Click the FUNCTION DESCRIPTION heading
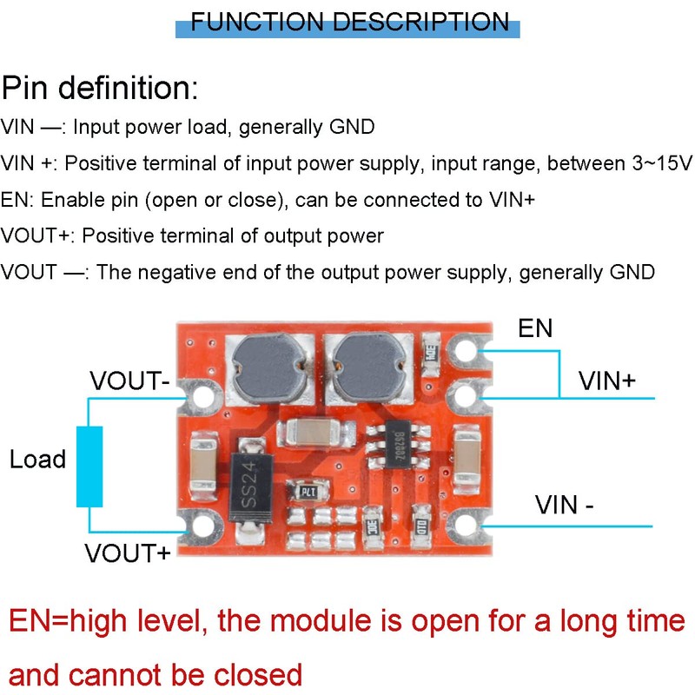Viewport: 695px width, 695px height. (x=349, y=22)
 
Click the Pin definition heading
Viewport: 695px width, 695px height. (x=100, y=88)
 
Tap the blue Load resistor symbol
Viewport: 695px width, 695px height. (x=89, y=466)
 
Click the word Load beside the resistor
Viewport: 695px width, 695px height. (x=37, y=460)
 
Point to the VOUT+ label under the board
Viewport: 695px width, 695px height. (x=127, y=553)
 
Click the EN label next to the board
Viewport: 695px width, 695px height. (x=535, y=328)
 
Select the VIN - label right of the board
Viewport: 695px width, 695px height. (x=565, y=504)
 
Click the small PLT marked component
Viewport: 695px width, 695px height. (x=306, y=492)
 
